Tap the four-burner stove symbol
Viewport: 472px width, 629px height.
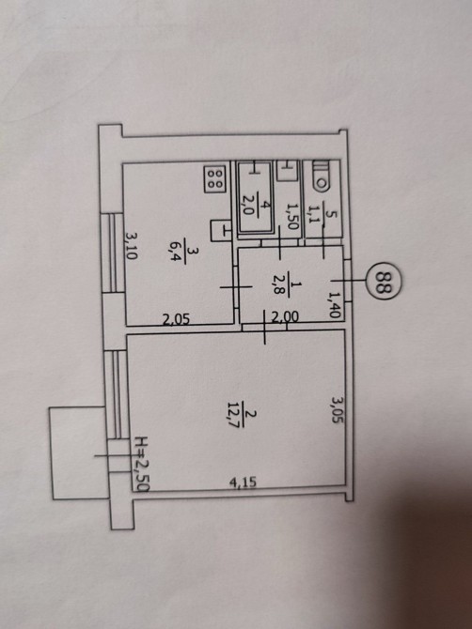[x=215, y=178]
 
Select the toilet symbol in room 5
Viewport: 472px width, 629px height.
[x=322, y=175]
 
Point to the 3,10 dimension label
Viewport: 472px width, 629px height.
[x=131, y=245]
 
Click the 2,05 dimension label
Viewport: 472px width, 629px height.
[x=176, y=319]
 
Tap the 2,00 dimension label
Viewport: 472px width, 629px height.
[x=285, y=317]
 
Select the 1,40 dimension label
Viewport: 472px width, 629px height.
[x=334, y=305]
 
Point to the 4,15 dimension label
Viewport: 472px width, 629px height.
[x=243, y=482]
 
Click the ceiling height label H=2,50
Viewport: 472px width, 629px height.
[x=142, y=464]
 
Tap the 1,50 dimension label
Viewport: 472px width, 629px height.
[x=292, y=216]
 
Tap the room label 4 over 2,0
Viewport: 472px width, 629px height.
[x=254, y=207]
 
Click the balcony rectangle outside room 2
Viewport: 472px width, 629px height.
[x=80, y=453]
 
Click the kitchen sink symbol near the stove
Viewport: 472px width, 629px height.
[x=221, y=230]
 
